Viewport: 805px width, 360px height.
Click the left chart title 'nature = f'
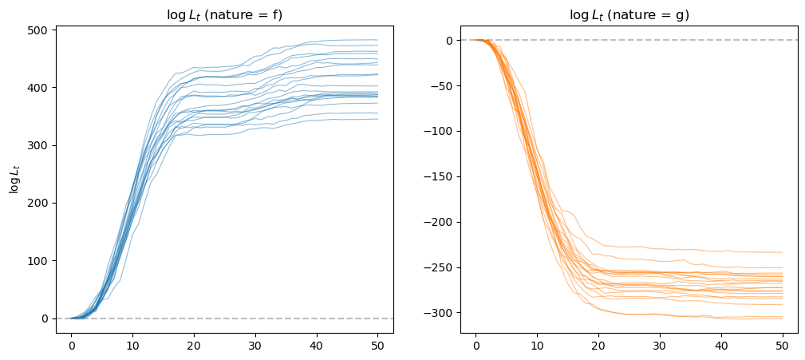coord(224,14)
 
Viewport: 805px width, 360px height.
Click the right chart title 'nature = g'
coord(629,14)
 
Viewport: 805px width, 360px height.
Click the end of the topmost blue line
coord(377,40)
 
